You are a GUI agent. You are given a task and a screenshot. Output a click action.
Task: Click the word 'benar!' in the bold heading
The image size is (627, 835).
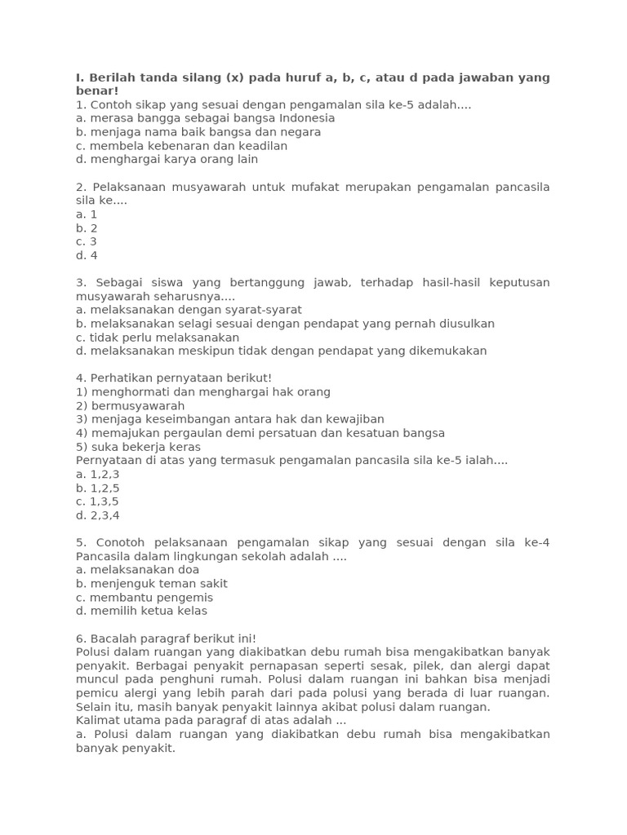(x=97, y=91)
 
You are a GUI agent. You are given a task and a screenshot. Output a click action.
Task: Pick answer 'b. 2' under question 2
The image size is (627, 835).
(x=87, y=228)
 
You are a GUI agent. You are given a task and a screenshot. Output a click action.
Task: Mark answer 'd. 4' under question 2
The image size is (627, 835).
(x=87, y=255)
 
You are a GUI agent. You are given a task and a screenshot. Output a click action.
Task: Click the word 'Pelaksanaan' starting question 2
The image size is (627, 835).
(x=127, y=187)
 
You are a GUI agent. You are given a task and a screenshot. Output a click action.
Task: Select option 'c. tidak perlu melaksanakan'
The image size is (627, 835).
(x=158, y=338)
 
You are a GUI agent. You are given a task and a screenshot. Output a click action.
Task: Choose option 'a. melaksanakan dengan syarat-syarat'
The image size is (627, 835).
(x=189, y=310)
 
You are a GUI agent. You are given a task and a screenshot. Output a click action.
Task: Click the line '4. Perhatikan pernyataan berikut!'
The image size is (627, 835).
(x=173, y=378)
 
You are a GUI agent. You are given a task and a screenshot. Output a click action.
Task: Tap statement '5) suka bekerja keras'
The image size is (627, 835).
(x=138, y=447)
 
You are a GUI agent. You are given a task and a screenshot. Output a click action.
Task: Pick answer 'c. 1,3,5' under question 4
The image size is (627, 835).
(x=97, y=501)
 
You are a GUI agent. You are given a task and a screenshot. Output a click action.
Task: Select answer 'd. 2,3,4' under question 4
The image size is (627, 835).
(x=97, y=515)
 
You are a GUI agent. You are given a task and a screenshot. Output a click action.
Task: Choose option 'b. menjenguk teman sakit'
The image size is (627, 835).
(x=151, y=584)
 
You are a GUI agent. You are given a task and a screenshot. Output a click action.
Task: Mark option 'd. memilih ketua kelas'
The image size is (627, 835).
(x=141, y=611)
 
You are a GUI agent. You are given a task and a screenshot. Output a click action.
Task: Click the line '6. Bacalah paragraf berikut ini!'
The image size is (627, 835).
(x=166, y=638)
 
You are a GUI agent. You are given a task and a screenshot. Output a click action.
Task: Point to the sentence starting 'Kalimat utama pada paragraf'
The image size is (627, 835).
(x=211, y=721)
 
